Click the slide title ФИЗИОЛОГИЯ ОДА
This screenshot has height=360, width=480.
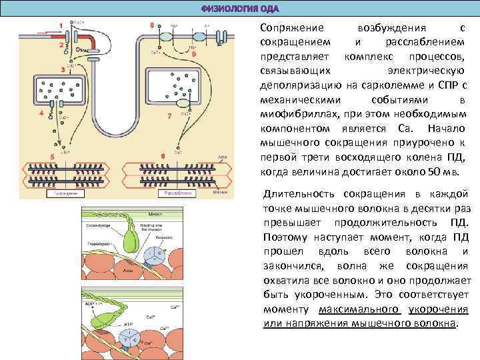239,8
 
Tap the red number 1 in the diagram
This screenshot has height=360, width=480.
61,25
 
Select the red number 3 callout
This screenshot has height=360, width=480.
63,69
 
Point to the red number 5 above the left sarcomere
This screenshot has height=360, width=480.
42,113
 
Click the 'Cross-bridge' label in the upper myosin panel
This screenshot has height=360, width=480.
97,225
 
